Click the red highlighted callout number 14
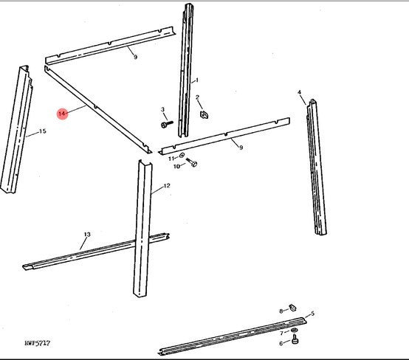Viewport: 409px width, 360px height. point(62,114)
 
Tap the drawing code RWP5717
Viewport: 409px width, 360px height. point(38,343)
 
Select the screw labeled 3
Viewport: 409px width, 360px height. point(167,124)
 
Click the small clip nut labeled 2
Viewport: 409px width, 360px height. point(204,114)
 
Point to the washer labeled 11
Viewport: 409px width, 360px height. point(182,156)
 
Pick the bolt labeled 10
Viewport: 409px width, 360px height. point(192,162)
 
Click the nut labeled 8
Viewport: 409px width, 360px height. point(292,308)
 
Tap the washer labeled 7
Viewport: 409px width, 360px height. point(294,330)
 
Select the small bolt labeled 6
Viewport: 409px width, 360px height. point(295,340)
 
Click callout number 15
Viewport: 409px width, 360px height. point(43,131)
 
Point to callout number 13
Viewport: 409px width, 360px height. point(87,235)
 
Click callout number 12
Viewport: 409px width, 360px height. point(167,186)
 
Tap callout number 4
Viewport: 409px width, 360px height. point(299,92)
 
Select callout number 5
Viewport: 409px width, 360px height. point(312,314)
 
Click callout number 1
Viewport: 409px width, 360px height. point(197,80)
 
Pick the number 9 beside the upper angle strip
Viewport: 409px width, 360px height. point(135,57)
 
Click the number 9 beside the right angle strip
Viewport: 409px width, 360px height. point(241,148)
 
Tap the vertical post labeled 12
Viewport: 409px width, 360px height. point(142,229)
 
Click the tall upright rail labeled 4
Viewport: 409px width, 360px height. point(317,167)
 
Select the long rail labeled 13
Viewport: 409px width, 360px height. point(96,252)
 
